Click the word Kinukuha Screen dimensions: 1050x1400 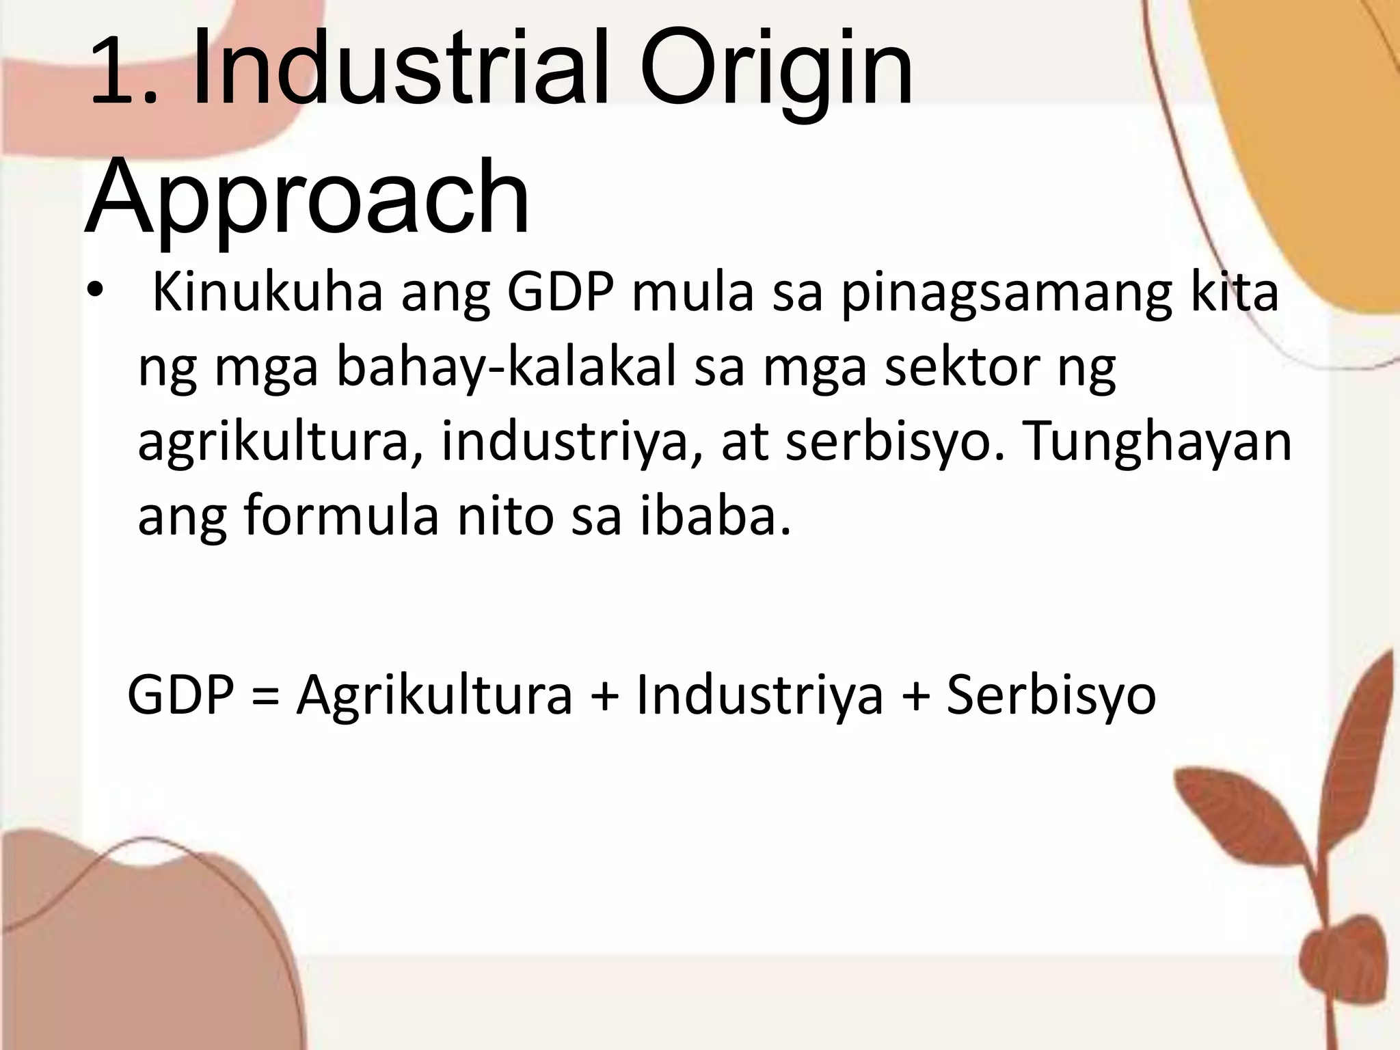point(267,293)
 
